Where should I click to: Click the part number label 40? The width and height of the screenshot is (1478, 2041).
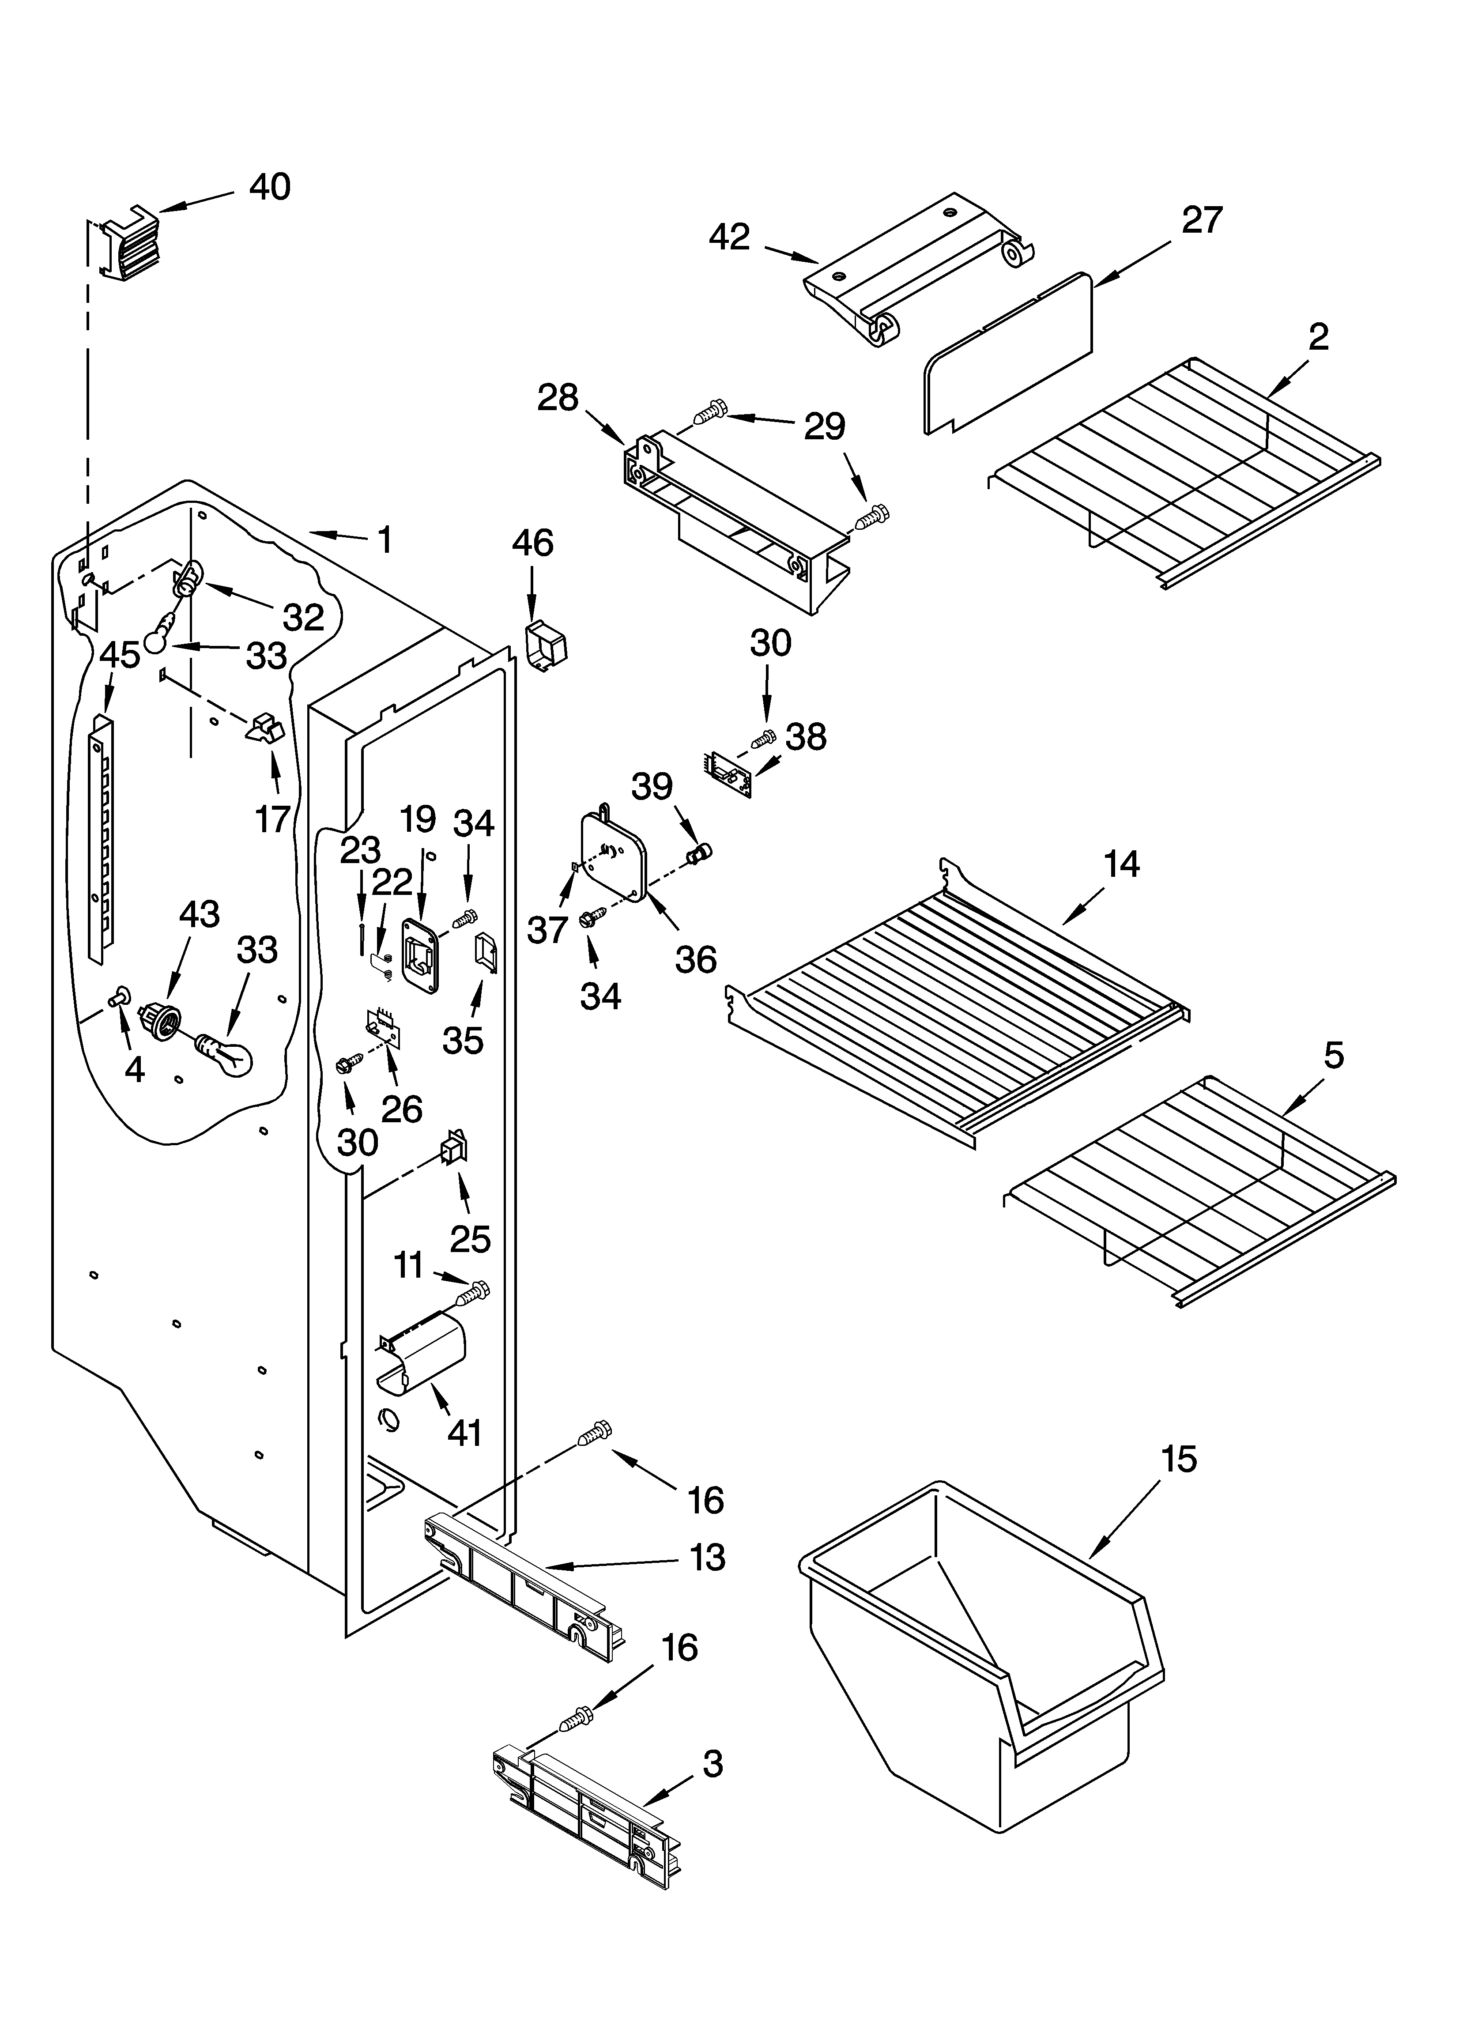[270, 187]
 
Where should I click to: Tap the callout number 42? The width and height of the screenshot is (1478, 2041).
[729, 238]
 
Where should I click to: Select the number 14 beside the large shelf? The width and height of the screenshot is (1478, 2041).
[1122, 864]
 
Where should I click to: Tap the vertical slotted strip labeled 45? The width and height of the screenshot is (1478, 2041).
[103, 837]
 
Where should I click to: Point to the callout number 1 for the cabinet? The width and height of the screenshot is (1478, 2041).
[385, 540]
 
